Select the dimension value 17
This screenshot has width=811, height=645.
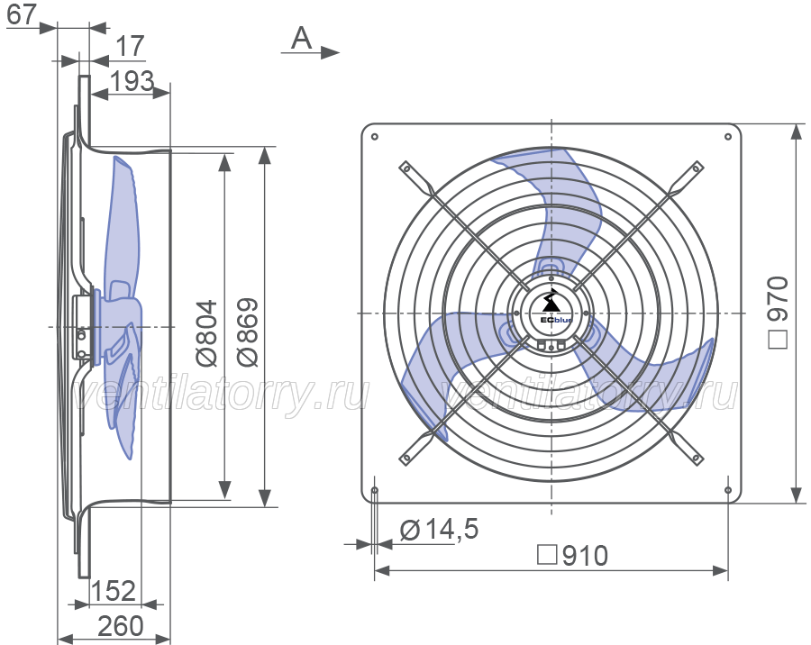pyautogui.click(x=129, y=47)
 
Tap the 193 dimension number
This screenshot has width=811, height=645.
pyautogui.click(x=132, y=81)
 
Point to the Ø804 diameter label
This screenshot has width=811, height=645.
pyautogui.click(x=208, y=332)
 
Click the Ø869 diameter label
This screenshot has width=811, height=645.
pyautogui.click(x=247, y=332)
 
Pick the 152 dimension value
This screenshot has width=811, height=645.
pyautogui.click(x=114, y=591)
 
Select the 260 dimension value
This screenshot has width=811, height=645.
pyautogui.click(x=121, y=626)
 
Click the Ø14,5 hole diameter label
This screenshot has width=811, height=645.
pyautogui.click(x=439, y=529)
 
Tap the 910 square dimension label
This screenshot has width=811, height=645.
pyautogui.click(x=572, y=556)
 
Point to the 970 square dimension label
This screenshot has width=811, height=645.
pyautogui.click(x=778, y=313)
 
